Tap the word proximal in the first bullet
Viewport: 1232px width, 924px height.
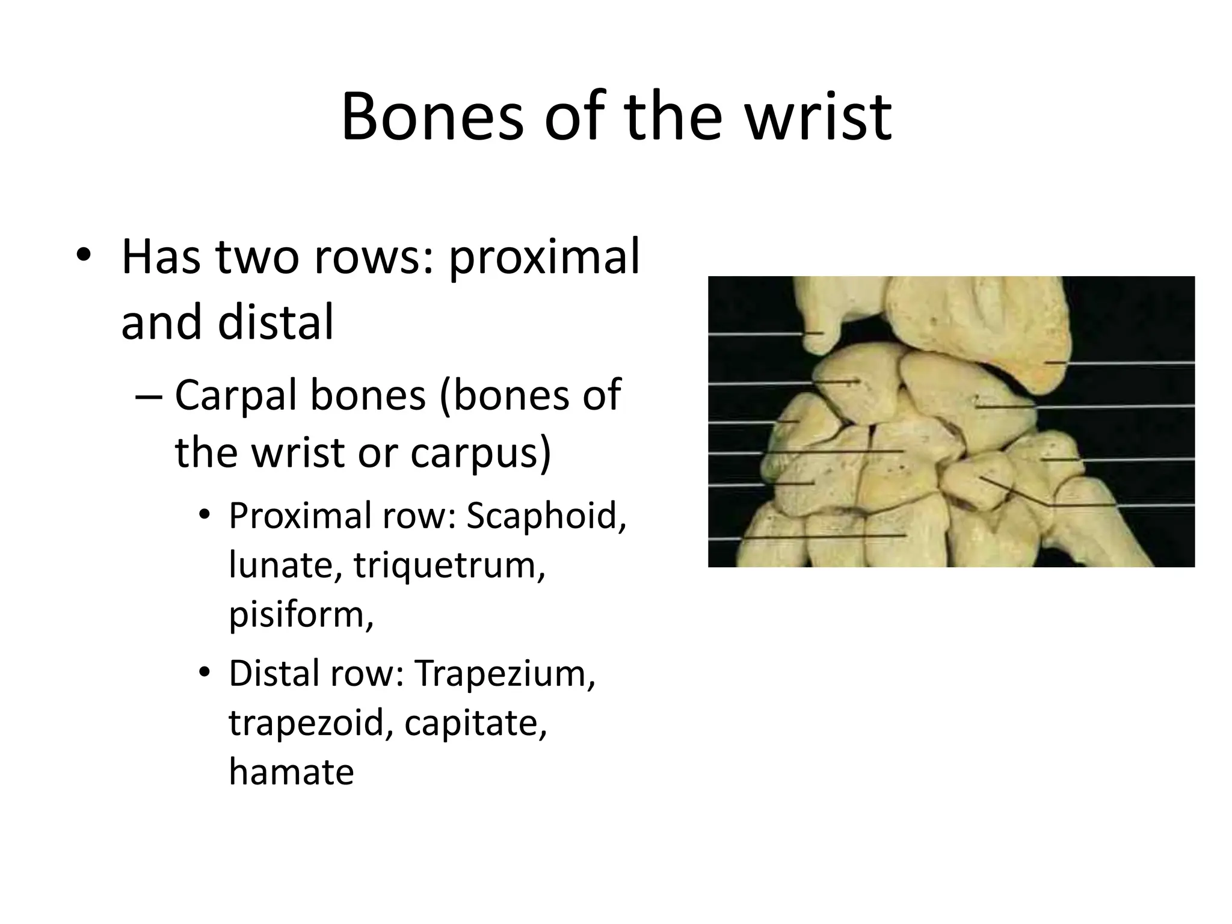[x=544, y=257]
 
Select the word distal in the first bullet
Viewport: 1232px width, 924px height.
[x=276, y=322]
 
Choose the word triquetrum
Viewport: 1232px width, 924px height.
[x=449, y=565]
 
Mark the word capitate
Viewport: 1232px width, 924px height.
[x=475, y=723]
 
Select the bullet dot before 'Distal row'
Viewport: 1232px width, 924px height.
[x=205, y=674]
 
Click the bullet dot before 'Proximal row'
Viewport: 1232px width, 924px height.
[x=205, y=516]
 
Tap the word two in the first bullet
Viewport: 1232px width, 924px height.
[x=257, y=257]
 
